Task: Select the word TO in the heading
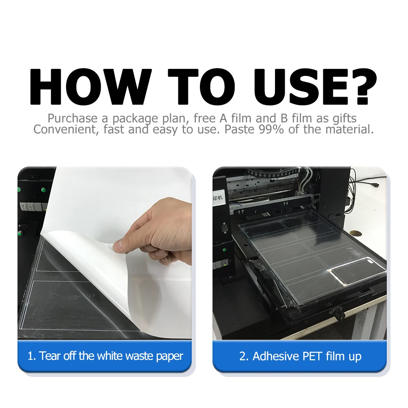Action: pos(202,86)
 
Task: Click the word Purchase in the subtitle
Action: pos(73,118)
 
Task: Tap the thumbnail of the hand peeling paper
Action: pos(104,253)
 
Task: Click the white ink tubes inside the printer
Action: pos(305,180)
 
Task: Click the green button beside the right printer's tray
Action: pos(224,250)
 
